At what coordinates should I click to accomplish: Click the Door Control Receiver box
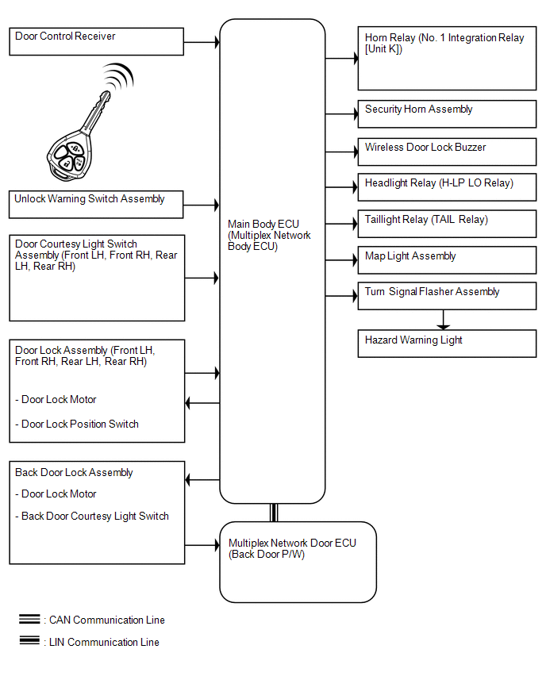point(97,41)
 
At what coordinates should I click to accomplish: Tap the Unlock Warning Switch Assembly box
point(97,203)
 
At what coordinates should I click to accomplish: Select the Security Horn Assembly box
point(447,113)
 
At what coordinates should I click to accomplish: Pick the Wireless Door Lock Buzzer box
point(447,151)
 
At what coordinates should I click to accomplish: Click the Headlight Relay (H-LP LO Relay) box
point(447,187)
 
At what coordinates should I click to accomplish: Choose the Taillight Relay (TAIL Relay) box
point(447,224)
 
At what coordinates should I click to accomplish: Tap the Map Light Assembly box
point(447,260)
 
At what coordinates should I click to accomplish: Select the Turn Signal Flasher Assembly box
point(447,296)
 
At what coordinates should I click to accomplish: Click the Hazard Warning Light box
point(447,344)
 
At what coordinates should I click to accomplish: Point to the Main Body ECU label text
point(269,235)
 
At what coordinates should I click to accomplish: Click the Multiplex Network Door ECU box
point(298,562)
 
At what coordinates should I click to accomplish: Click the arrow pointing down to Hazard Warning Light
point(444,319)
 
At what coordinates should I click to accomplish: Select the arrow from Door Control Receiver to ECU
point(202,41)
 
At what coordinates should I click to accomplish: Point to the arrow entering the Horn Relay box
point(342,59)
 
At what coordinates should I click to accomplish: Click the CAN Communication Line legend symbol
point(30,619)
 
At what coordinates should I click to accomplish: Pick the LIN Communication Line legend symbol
point(30,641)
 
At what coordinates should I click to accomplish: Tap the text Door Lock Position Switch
point(77,424)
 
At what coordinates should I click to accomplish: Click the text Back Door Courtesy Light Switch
point(92,516)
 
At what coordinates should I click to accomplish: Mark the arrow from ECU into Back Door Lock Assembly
point(202,480)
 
